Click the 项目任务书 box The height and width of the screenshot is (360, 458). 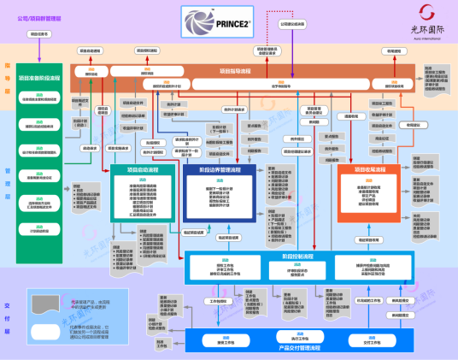tap(40, 34)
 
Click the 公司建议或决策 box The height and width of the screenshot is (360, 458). tap(292, 24)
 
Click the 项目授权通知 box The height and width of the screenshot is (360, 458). tap(150, 50)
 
